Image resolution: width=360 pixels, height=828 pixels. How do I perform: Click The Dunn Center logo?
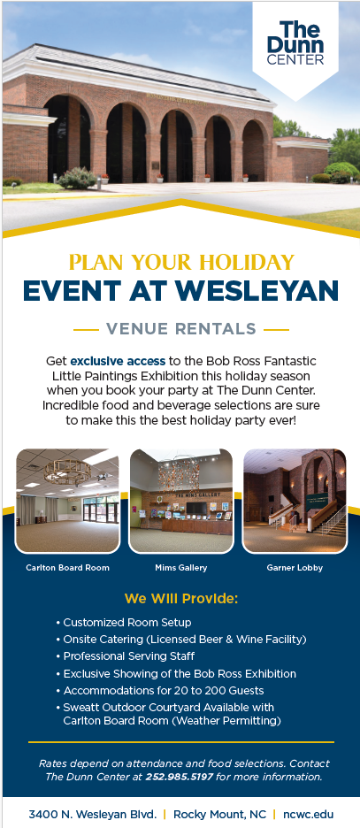tap(295, 44)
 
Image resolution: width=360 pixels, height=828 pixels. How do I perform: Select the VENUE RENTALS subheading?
tap(180, 329)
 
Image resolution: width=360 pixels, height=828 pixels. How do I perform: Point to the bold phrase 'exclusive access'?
tap(118, 362)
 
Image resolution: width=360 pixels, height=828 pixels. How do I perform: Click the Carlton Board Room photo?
tap(67, 501)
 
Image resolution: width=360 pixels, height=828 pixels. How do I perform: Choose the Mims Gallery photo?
tap(181, 501)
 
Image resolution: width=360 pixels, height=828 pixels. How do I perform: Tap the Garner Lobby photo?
tap(295, 501)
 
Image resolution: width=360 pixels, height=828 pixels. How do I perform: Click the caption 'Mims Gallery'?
tap(181, 568)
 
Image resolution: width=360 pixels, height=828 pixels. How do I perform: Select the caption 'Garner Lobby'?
tap(295, 568)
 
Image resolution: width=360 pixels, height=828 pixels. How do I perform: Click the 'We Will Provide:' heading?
tap(181, 600)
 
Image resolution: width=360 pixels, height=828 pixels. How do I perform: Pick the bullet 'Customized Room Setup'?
tap(124, 623)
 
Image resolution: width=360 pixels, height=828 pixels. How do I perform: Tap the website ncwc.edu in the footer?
tap(309, 814)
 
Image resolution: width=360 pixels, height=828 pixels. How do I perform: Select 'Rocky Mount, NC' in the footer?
tap(219, 814)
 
